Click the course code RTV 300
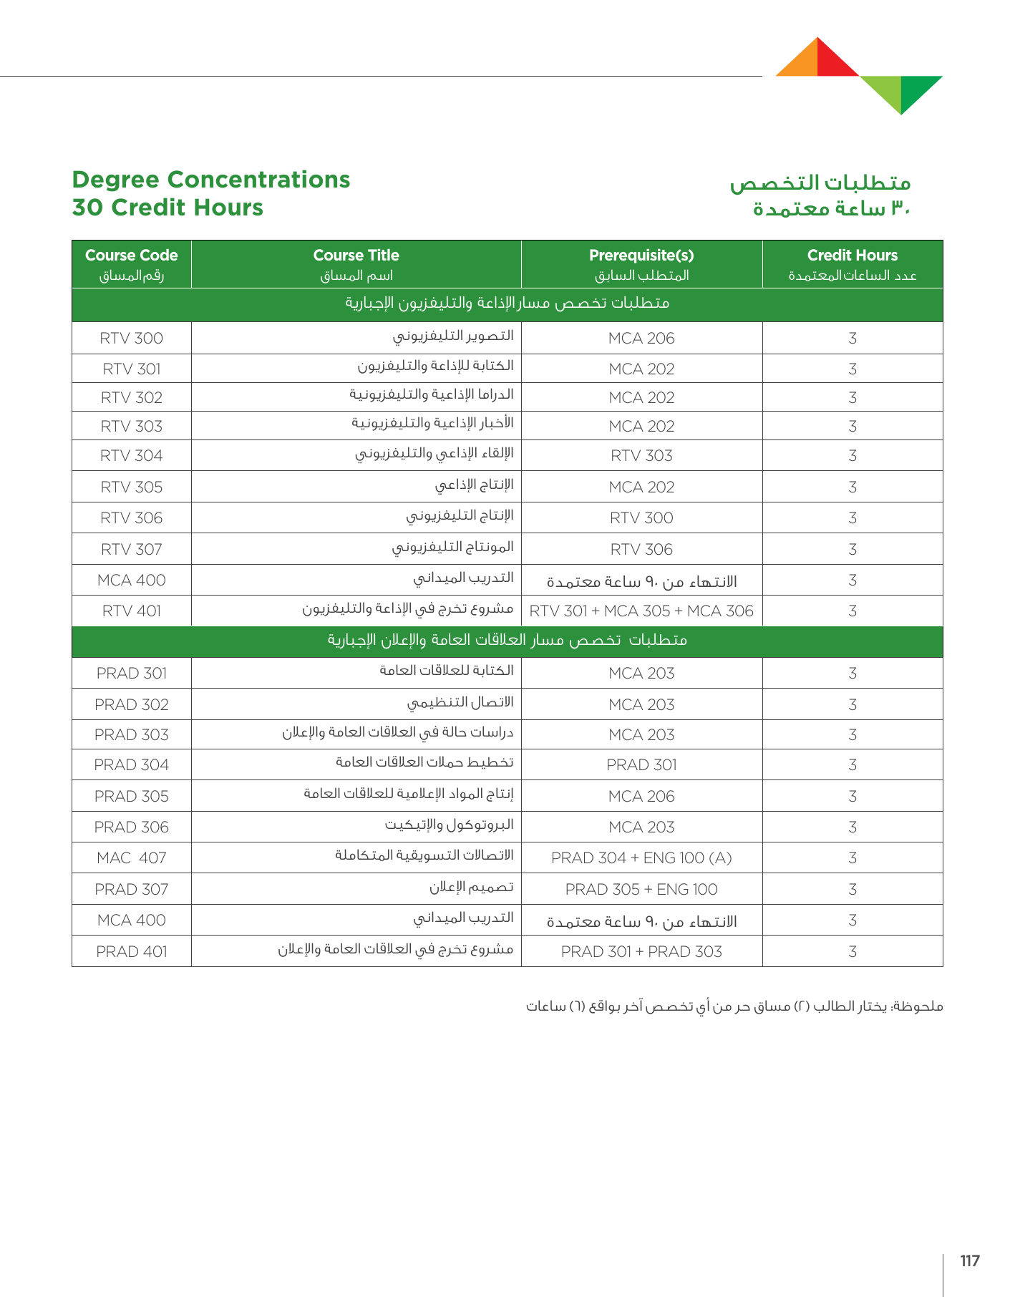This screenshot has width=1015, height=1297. click(132, 339)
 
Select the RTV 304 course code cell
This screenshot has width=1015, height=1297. click(132, 456)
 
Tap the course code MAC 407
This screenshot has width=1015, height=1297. click(132, 858)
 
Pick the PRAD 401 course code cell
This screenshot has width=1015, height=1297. click(132, 952)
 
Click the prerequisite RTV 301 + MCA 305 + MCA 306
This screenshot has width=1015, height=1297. click(641, 611)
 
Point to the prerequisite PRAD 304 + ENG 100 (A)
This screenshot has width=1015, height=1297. click(641, 858)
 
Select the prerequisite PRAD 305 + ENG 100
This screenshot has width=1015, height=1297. click(641, 890)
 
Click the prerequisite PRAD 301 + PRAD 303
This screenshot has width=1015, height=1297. click(641, 952)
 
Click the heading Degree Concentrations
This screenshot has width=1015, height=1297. click(211, 180)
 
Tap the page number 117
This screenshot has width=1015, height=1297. click(970, 1261)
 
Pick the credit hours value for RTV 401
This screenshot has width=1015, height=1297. click(852, 611)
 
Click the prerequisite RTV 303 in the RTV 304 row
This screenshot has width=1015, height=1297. click(641, 456)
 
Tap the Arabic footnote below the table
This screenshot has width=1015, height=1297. click(734, 1006)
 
